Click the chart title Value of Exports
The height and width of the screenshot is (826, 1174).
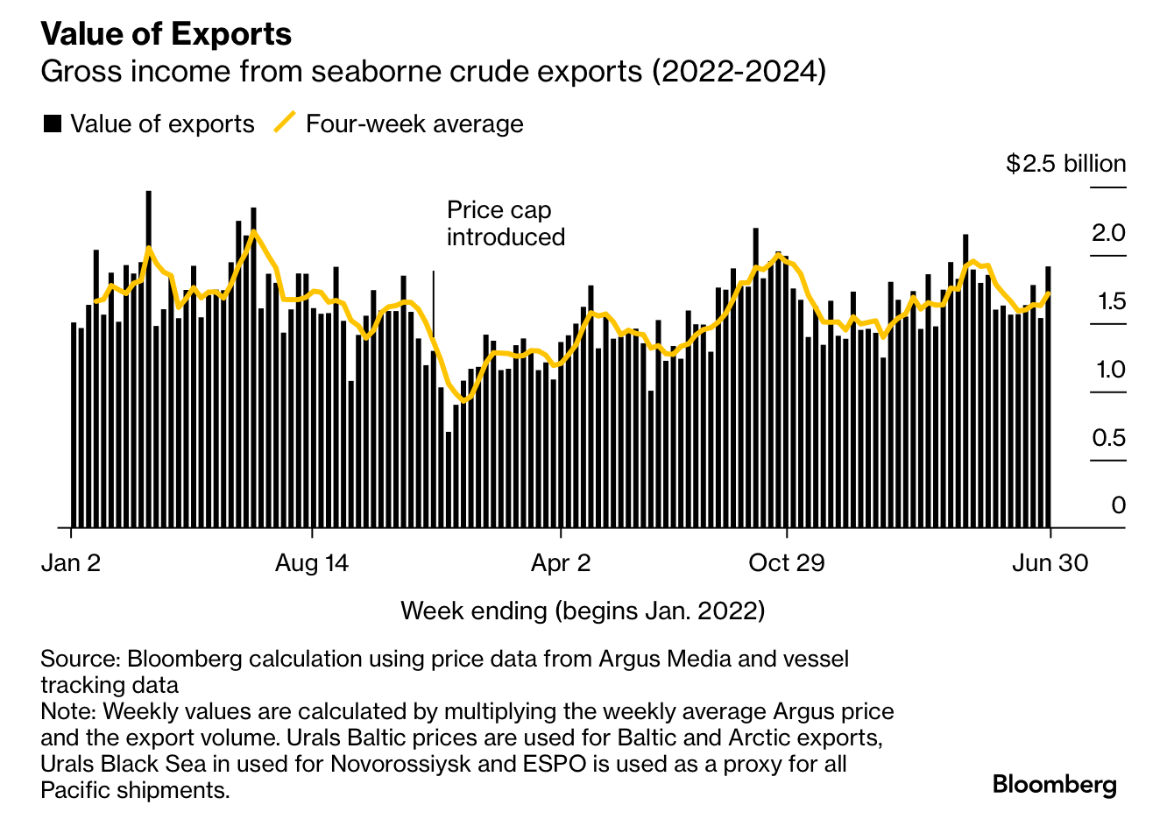(x=166, y=34)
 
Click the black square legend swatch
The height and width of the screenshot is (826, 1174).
(x=53, y=124)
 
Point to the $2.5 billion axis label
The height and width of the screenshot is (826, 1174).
(x=1065, y=164)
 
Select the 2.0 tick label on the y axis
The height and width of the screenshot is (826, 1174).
(x=1108, y=233)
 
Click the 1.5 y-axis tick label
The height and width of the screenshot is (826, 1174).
(x=1108, y=301)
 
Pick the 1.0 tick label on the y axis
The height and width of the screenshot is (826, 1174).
(x=1110, y=370)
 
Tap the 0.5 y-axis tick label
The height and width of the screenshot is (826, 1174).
(x=1108, y=438)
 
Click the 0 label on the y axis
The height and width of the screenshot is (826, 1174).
(x=1118, y=505)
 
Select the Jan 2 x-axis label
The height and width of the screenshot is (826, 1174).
(x=71, y=562)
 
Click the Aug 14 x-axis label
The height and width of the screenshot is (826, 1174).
(x=311, y=562)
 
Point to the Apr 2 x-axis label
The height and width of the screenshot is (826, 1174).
(x=561, y=562)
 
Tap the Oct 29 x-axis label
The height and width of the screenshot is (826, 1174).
(x=787, y=562)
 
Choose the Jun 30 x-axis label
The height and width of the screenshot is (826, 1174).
(x=1050, y=562)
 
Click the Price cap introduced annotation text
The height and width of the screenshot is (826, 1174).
(x=506, y=223)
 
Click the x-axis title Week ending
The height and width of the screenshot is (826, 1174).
(x=583, y=610)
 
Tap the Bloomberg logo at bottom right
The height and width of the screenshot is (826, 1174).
(x=1054, y=784)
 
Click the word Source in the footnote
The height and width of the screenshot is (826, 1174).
(x=79, y=659)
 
